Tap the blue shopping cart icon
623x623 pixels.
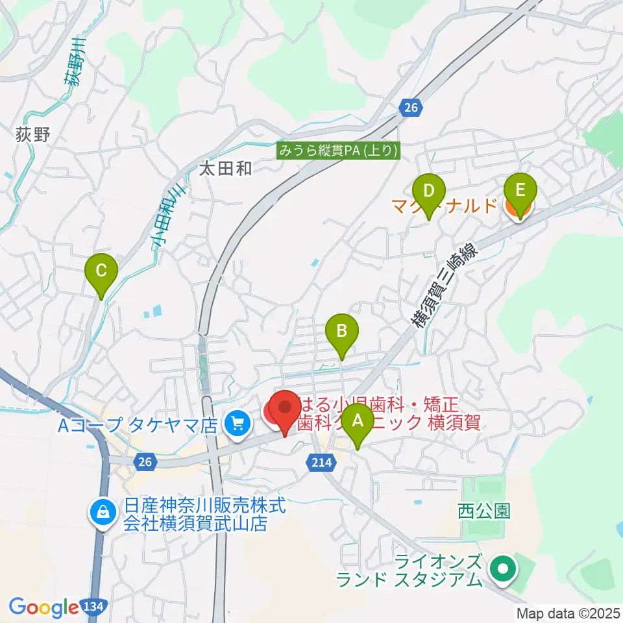point(234,425)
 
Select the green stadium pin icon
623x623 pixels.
point(502,569)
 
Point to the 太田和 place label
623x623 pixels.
point(225,169)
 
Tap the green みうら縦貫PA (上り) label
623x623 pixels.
point(339,151)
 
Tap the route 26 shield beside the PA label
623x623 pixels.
point(409,108)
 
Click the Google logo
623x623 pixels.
point(44,607)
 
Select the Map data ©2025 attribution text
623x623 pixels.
point(568,613)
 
